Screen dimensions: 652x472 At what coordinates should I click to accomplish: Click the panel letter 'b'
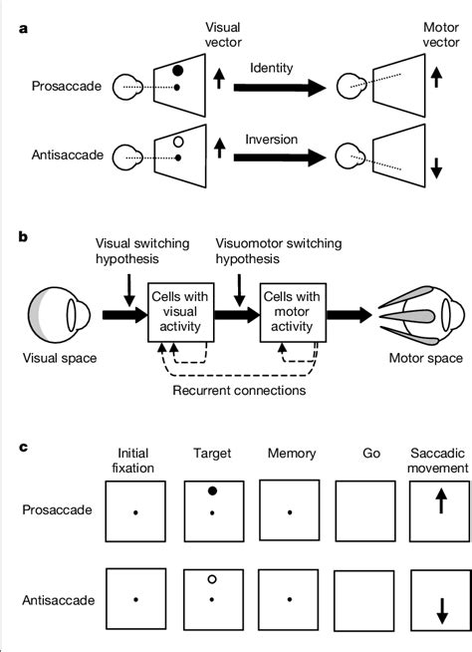22,236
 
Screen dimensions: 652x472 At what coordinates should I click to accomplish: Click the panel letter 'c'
22,448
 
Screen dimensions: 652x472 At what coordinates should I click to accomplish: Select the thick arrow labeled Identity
280,88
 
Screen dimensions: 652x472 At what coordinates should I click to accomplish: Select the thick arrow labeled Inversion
280,157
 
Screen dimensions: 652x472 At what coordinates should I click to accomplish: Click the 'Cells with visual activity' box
178,311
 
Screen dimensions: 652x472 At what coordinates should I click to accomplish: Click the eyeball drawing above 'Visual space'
64,312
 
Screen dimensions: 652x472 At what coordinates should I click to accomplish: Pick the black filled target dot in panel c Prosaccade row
213,491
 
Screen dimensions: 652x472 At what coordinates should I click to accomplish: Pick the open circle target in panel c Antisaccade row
213,579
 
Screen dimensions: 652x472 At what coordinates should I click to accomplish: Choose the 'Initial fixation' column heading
136,461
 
